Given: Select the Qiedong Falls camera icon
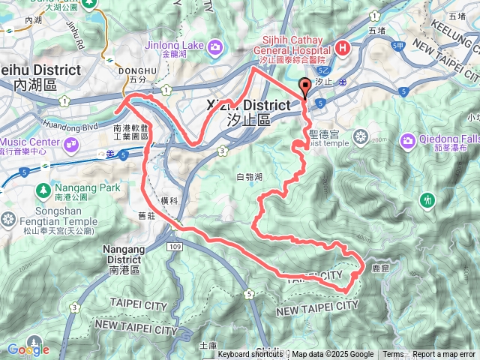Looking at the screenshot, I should [x=408, y=140].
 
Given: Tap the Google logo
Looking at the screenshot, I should [x=28, y=349].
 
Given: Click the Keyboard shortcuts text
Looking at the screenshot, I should [x=252, y=355].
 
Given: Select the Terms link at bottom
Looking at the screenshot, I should [x=393, y=355].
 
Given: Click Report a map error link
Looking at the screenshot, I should [x=444, y=355].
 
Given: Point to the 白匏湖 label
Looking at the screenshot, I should [x=249, y=177].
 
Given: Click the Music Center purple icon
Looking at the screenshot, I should [x=70, y=142].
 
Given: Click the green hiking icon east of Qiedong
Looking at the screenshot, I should [x=428, y=199].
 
